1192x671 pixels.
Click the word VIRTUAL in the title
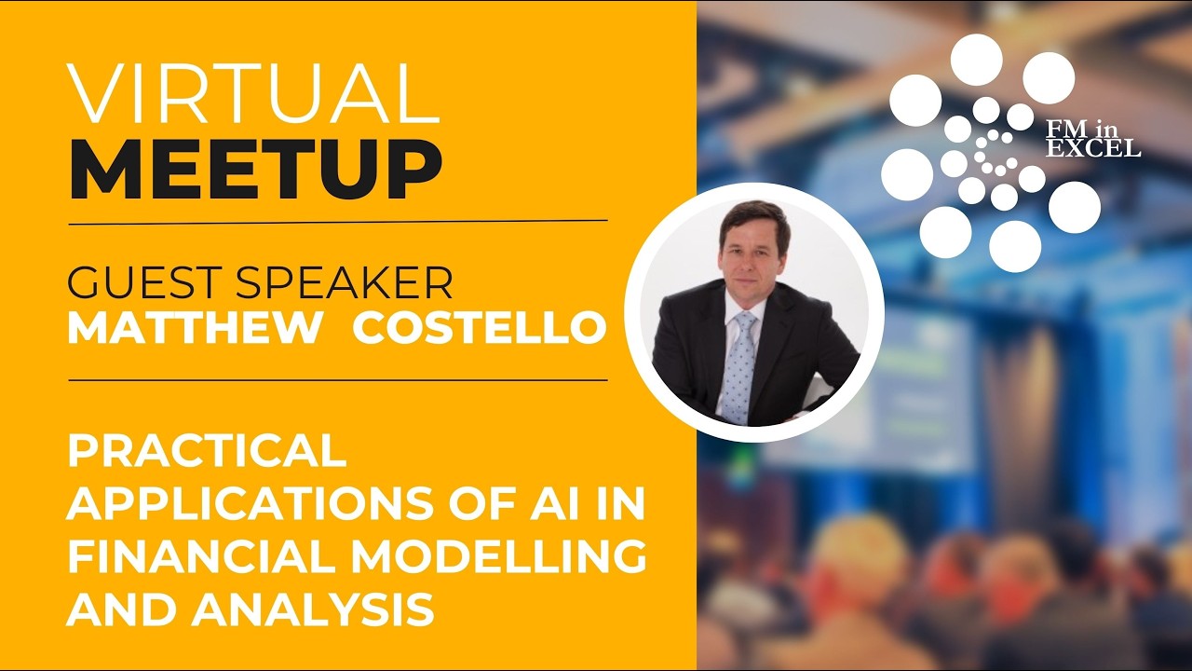(253, 94)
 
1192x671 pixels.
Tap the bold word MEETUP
(254, 171)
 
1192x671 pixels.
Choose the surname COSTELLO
(480, 327)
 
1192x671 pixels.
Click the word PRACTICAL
(207, 453)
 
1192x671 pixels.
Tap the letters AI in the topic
(562, 505)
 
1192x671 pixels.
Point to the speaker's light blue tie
(740, 363)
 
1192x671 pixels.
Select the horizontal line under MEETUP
(337, 223)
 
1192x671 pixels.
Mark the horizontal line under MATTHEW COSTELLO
(337, 380)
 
